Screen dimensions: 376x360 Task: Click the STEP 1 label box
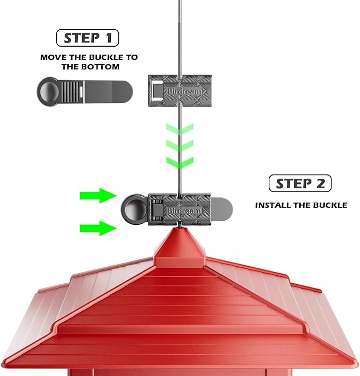coord(87,38)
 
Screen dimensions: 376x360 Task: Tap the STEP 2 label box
coord(300,183)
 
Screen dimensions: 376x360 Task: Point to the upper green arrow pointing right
coord(98,196)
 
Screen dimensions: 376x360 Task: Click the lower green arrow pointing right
coord(98,229)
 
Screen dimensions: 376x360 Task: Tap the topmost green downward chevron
coord(179,129)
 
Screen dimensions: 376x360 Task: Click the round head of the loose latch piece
coord(49,91)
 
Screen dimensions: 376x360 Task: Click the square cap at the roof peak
coord(180,244)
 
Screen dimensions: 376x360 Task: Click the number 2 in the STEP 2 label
coord(320,183)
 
